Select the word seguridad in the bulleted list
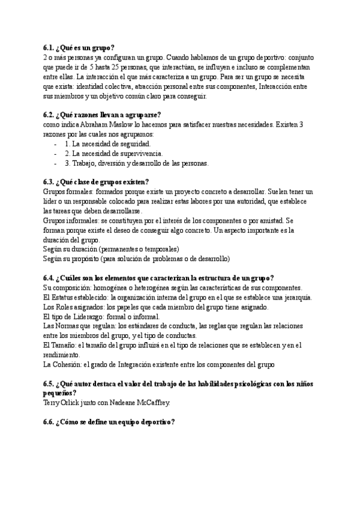point(135,144)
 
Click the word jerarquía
point(294,297)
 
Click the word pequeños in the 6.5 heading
point(59,393)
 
